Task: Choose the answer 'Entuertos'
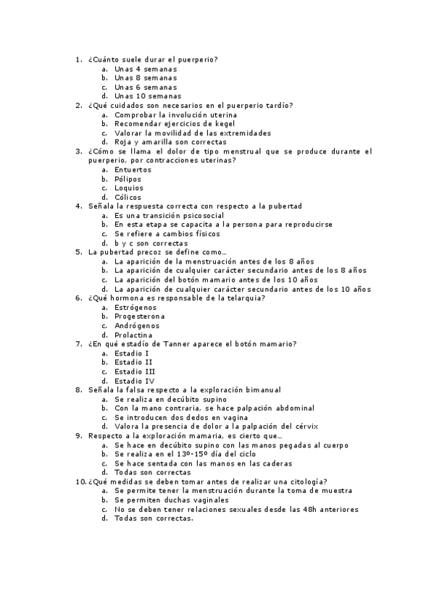tap(133, 169)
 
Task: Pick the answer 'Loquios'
tap(128, 188)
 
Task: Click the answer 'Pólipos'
tap(128, 179)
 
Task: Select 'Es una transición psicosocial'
tap(169, 216)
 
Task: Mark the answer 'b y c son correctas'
tap(151, 243)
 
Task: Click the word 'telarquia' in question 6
tap(242, 298)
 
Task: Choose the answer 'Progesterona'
tap(139, 316)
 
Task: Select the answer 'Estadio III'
tap(135, 371)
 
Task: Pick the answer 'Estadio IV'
tap(134, 381)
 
